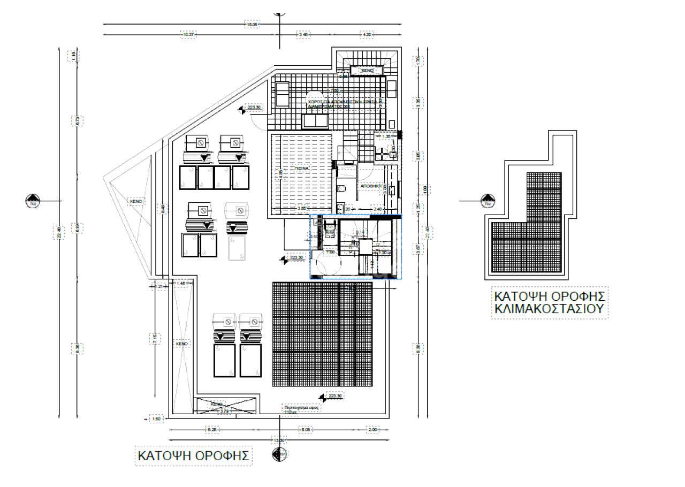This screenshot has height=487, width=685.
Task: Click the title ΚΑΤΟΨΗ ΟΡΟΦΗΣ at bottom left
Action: (193, 456)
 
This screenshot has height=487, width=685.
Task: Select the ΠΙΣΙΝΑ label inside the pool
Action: (302, 168)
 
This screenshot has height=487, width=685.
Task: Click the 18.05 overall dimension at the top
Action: (252, 24)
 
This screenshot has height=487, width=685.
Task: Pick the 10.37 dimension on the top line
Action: (188, 34)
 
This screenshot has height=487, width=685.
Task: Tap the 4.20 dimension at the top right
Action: (367, 34)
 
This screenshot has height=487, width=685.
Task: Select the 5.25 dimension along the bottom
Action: (212, 429)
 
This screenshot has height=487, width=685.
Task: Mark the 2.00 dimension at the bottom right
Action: (372, 429)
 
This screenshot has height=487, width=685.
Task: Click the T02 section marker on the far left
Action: (33, 201)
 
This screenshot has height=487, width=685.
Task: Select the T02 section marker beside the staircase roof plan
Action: (487, 201)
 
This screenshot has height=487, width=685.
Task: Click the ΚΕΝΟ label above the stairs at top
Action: (367, 70)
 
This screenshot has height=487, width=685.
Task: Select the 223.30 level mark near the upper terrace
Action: (253, 107)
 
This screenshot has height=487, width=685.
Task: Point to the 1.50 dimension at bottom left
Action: (156, 418)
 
